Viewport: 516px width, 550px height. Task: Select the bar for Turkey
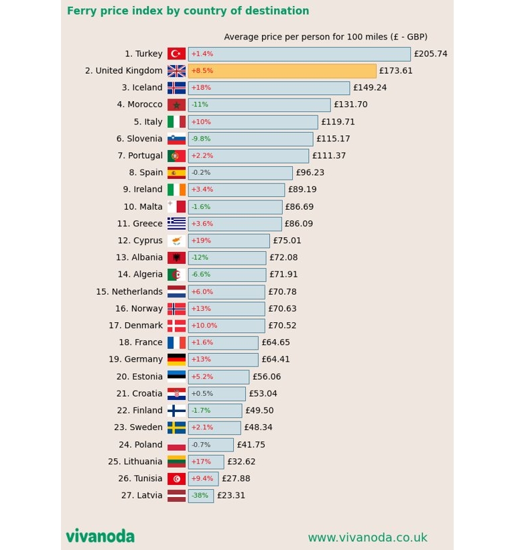coord(299,54)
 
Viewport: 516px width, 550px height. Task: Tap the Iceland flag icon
coord(176,88)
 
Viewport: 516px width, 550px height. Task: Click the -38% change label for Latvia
coord(200,496)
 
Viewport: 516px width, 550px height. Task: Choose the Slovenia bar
coord(251,139)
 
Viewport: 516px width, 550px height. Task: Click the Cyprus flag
coord(176,241)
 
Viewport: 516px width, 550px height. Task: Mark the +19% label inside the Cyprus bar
coord(201,241)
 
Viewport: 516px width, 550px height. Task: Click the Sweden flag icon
coord(176,428)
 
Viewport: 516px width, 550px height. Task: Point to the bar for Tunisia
coord(203,479)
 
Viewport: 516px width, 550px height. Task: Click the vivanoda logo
coord(100,537)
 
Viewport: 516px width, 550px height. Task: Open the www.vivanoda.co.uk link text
coord(367,538)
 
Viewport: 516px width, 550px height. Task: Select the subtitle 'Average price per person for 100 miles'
coord(326,38)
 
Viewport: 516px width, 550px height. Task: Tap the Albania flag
coord(176,258)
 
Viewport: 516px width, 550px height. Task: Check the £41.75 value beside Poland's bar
coord(251,445)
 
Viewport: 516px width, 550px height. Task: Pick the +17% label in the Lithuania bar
coord(201,462)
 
